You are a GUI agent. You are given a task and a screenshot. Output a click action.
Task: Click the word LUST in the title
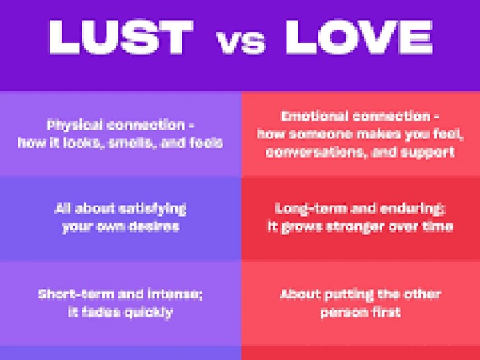coord(121,38)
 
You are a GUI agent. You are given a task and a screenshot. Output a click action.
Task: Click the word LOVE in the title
coord(359,38)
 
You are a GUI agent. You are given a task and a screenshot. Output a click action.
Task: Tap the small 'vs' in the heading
coord(241,42)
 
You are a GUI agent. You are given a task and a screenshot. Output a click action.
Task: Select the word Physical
coord(74,126)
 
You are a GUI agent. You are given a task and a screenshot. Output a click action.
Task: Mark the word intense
coord(175,294)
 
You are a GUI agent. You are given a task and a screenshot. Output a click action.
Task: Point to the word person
coord(341,313)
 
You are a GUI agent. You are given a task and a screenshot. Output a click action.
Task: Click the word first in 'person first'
coord(382,312)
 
